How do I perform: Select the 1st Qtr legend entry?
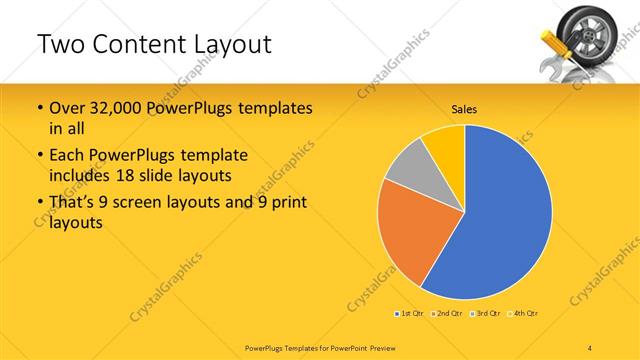(409, 314)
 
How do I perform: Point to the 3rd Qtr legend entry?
(485, 314)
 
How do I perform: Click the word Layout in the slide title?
(225, 45)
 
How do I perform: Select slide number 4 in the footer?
(590, 347)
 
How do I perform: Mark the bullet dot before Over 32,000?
(39, 108)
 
